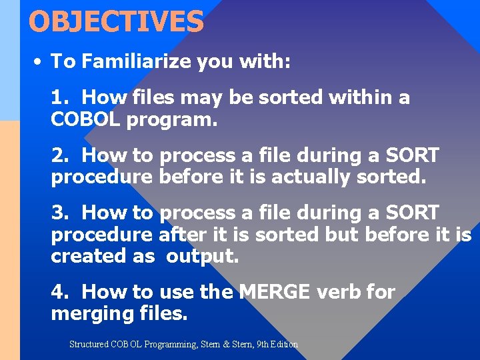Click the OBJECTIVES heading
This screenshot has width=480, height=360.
(x=116, y=21)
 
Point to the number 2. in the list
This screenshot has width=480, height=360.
(x=61, y=156)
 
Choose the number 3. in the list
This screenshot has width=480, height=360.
(x=61, y=213)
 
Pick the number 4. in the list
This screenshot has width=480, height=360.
(x=61, y=292)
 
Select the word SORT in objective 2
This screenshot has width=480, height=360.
(x=412, y=156)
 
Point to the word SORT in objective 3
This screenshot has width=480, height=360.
(x=412, y=213)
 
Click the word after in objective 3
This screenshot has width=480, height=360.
(x=181, y=235)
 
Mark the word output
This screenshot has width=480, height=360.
(x=201, y=257)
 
